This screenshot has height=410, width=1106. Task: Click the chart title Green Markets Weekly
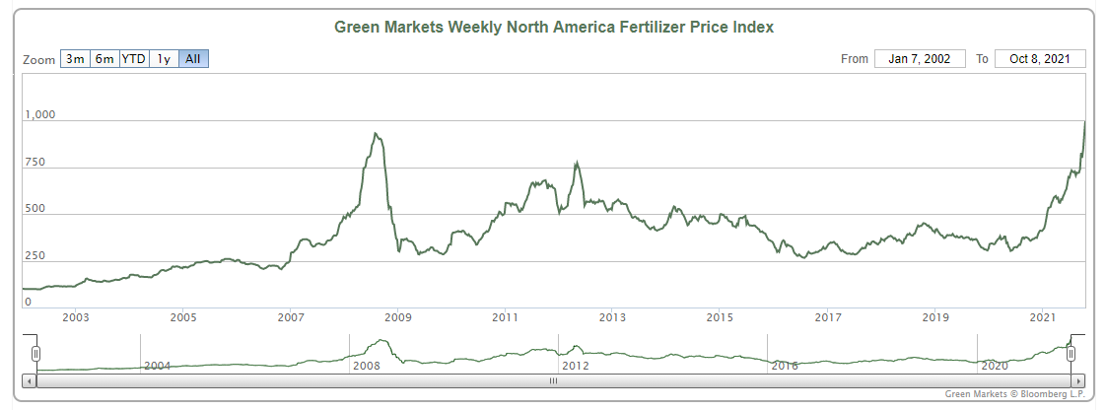554,27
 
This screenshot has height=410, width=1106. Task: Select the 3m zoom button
75,59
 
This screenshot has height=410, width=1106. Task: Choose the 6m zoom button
104,59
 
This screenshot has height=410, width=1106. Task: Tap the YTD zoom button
133,59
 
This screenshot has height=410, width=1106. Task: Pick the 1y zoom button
164,59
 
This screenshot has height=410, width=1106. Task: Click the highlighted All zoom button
193,59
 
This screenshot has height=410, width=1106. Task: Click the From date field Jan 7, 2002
919,59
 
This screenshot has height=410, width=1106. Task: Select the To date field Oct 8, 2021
1040,59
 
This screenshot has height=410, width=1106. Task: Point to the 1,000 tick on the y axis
40,115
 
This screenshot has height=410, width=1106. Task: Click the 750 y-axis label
35,163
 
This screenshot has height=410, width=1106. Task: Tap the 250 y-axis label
35,256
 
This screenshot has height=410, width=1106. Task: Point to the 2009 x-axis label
397,317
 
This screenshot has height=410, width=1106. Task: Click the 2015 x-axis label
720,317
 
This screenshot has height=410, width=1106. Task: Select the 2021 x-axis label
1044,317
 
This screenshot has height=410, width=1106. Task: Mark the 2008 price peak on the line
376,134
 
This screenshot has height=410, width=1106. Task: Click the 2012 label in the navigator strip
575,366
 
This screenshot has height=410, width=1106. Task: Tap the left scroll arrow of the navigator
29,379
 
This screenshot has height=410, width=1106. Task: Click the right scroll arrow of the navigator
1079,379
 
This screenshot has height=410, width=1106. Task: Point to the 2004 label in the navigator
158,366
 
